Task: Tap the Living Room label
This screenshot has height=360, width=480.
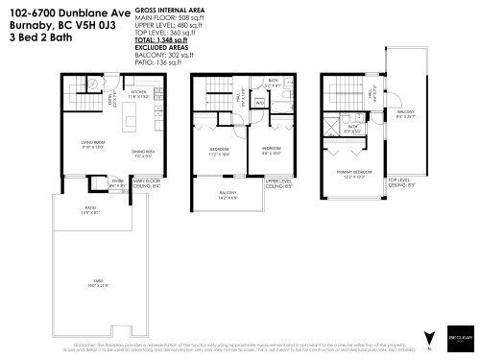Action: coord(92,146)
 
